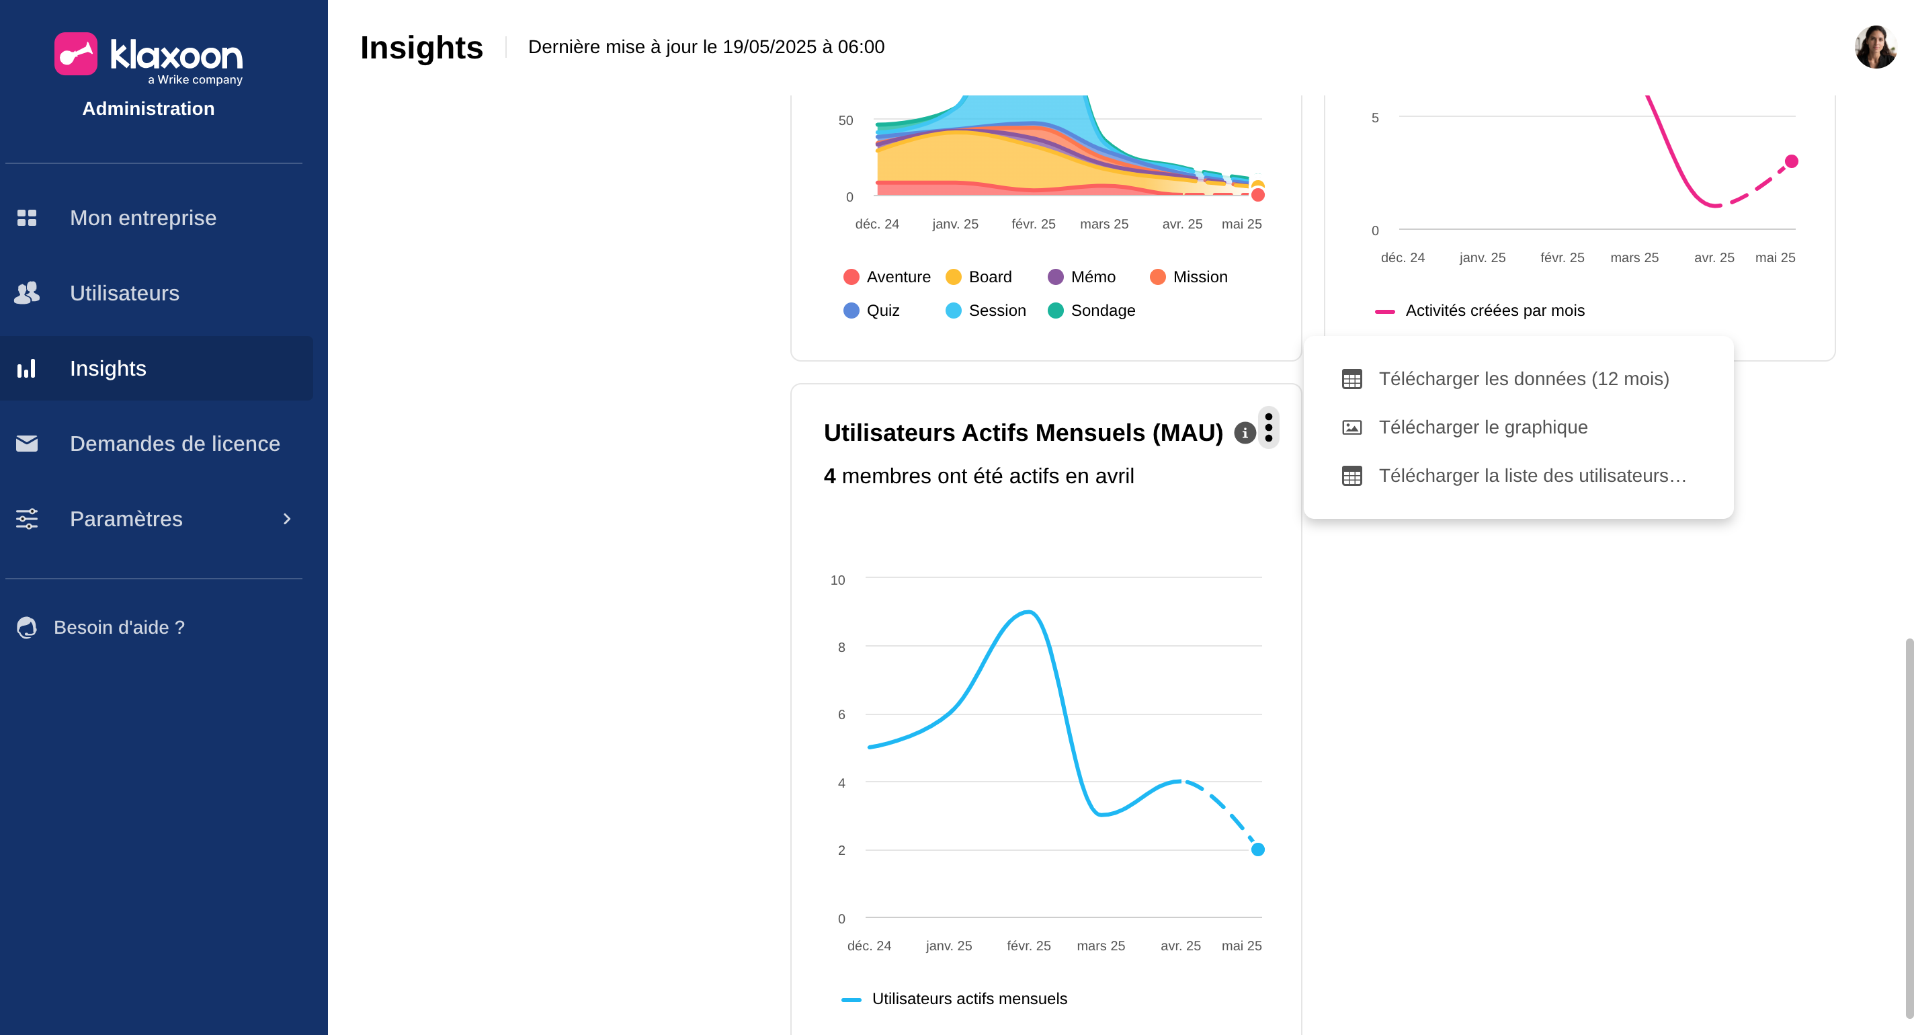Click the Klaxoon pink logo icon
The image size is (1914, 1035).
tap(76, 54)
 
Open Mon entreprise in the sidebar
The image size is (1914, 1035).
tap(142, 218)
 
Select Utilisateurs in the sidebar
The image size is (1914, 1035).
tap(124, 293)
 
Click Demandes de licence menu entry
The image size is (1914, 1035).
tap(174, 444)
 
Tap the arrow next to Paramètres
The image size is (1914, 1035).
tap(287, 519)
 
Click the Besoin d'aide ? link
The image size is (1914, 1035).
tap(119, 627)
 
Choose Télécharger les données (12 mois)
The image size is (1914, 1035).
tap(1522, 379)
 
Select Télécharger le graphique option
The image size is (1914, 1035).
tap(1483, 427)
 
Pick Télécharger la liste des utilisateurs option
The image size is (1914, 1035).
tap(1532, 476)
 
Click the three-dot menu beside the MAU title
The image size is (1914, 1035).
tap(1268, 428)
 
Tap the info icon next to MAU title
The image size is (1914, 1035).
tap(1245, 432)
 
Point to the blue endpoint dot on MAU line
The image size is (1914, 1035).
tap(1257, 850)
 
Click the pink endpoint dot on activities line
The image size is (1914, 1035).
tap(1792, 161)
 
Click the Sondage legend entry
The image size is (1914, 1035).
tap(1091, 310)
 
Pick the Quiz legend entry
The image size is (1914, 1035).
tap(872, 310)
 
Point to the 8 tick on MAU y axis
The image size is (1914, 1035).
tap(841, 647)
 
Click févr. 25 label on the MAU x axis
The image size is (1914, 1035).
tap(1028, 945)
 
